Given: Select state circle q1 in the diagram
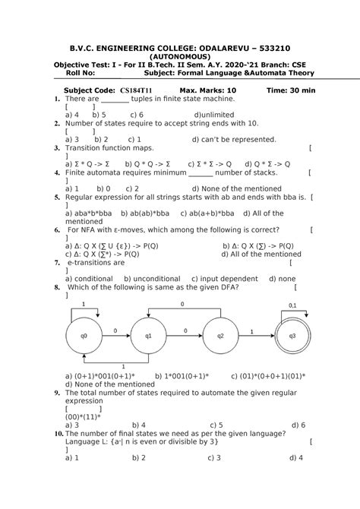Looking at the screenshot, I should coord(149,335).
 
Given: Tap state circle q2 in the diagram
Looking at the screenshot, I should coord(220,335).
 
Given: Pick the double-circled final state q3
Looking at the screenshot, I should coord(293,335).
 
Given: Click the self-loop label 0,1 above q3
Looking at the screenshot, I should coord(293,305).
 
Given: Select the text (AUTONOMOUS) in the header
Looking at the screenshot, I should coord(181,56).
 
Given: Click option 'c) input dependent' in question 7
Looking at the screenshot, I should coord(225,279).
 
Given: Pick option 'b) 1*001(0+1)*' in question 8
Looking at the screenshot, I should coord(182,375).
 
